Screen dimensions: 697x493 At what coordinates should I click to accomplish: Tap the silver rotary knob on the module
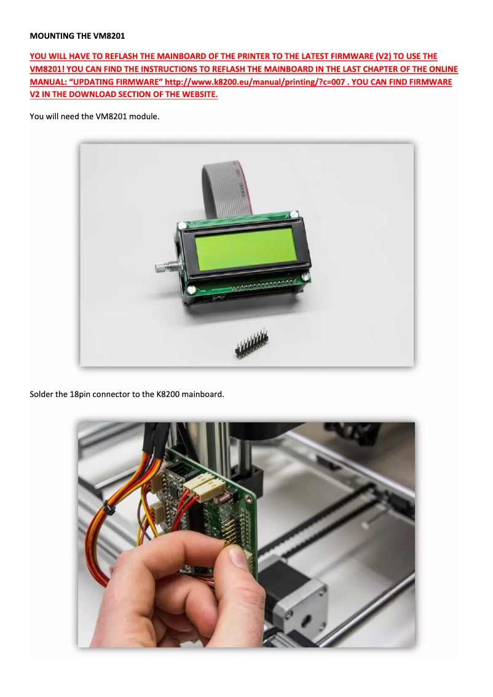160,267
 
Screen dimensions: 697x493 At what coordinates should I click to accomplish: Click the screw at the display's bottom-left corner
192,289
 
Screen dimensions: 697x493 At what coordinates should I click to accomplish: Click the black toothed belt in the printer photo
320,522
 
